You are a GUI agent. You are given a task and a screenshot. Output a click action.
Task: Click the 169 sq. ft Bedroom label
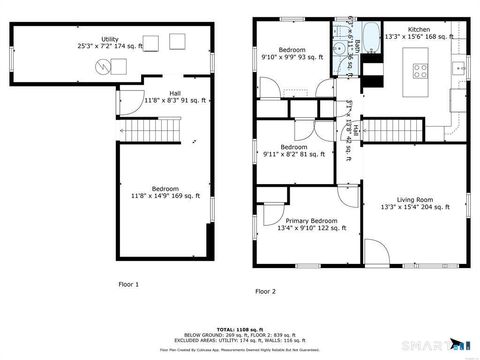165,192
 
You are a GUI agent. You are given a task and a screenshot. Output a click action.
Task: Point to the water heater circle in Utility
103,67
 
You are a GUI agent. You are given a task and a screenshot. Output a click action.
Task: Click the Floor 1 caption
129,283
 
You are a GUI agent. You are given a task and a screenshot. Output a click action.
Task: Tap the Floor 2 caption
265,291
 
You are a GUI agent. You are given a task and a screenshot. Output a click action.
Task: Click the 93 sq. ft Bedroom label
292,53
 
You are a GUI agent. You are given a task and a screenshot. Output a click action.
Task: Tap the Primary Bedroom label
311,223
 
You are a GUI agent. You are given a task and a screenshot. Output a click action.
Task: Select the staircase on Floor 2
391,129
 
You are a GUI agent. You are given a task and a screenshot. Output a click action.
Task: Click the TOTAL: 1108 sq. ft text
240,329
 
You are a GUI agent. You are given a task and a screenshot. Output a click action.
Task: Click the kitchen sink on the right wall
459,68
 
